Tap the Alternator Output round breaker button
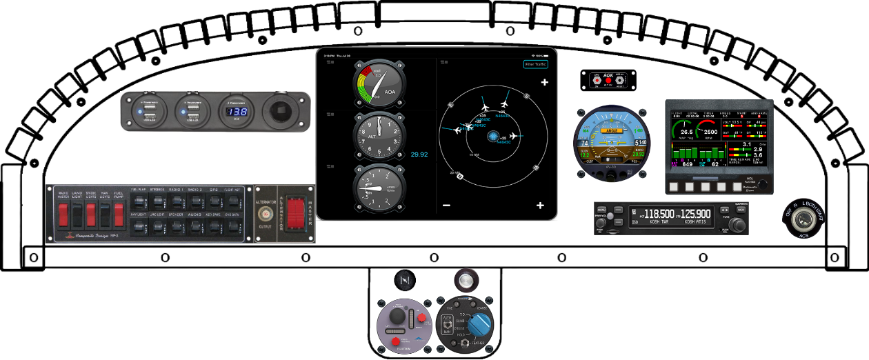click(261, 213)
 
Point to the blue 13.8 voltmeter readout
click(238, 112)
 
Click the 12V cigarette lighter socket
click(282, 112)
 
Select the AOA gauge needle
click(378, 84)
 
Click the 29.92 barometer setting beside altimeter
click(419, 154)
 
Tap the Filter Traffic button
click(535, 64)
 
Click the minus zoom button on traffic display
click(446, 206)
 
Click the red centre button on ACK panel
click(608, 81)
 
